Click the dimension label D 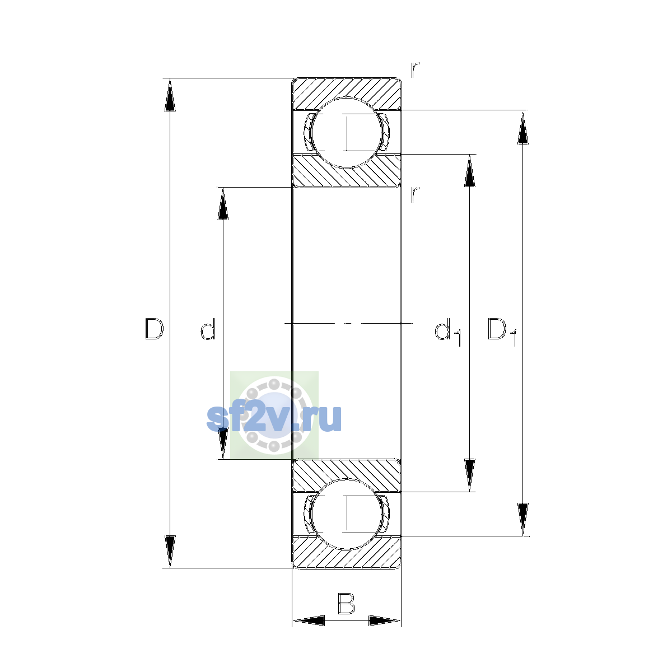point(154,329)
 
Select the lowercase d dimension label point(208,329)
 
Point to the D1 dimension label point(502,332)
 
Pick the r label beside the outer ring point(414,70)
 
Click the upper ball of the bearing point(346,133)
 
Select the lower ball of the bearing point(346,515)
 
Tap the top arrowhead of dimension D point(170,95)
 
